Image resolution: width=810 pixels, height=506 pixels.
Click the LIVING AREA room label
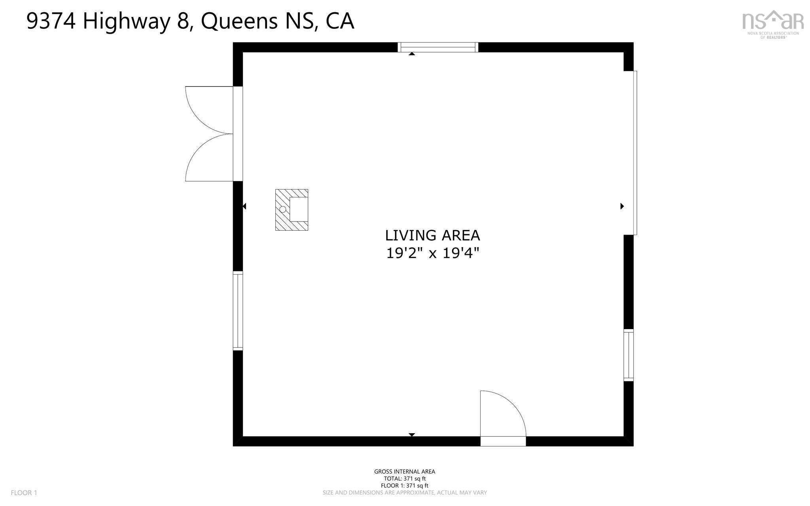pos(432,235)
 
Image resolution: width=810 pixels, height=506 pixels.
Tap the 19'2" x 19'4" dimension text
pos(432,253)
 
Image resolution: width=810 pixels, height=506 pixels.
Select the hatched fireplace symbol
pos(291,210)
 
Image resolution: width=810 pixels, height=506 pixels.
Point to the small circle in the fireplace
pos(283,209)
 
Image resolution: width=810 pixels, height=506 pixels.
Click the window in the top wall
pos(438,47)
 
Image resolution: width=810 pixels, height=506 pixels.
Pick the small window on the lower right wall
pos(628,355)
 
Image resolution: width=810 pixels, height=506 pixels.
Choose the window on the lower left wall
pos(238,311)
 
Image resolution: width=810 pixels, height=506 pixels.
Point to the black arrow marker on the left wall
pos(244,206)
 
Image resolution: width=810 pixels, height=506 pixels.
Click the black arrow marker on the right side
pos(622,206)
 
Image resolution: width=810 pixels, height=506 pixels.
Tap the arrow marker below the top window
pos(412,54)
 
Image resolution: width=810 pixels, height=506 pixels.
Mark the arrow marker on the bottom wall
pos(412,435)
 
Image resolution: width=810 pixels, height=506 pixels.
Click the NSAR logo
pos(773,24)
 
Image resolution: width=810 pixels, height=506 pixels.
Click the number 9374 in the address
pos(51,21)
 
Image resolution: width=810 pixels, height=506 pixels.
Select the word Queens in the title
pos(239,22)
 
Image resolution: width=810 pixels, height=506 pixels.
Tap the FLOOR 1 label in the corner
pos(24,493)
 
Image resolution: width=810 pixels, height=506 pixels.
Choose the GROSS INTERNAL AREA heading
pos(405,472)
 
